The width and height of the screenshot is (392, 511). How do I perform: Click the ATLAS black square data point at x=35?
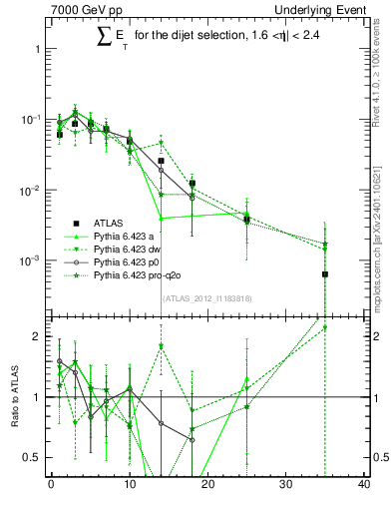[x=325, y=274]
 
